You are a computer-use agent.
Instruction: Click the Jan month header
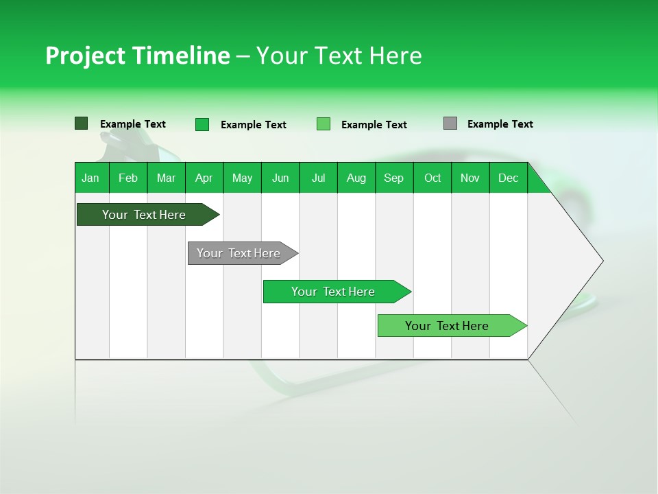pos(90,178)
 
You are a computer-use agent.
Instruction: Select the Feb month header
pos(128,178)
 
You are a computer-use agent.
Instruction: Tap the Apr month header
pos(204,178)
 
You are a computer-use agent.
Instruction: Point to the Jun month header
pos(280,178)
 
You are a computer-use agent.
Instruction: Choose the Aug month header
pos(356,178)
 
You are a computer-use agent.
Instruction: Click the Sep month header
pos(393,178)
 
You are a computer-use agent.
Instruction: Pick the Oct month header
pos(432,178)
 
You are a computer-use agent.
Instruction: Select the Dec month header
pos(508,178)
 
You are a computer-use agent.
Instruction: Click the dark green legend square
pos(81,123)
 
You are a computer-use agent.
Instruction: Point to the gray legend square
pos(450,123)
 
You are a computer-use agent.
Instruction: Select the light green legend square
pos(324,124)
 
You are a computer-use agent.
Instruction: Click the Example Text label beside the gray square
pos(500,124)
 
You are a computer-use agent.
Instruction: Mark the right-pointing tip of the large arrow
pos(601,261)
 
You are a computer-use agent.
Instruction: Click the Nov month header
pos(470,178)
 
